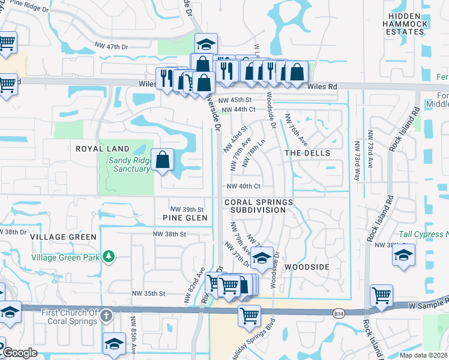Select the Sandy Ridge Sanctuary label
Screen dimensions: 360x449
point(129,164)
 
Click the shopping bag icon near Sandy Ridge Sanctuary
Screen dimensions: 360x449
point(163,160)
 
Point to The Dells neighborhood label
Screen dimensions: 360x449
point(307,153)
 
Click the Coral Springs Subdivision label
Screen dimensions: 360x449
point(259,206)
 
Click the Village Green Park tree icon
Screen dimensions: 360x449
point(108,257)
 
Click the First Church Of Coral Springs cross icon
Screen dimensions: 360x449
point(106,316)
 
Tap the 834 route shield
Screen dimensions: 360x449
point(340,313)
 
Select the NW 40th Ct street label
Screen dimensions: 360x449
point(243,187)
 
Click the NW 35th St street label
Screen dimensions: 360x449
point(148,293)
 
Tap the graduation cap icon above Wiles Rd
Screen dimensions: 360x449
point(206,44)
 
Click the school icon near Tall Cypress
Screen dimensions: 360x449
point(404,254)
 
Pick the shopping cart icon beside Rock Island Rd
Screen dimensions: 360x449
point(381,295)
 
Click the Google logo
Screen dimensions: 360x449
point(20,353)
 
